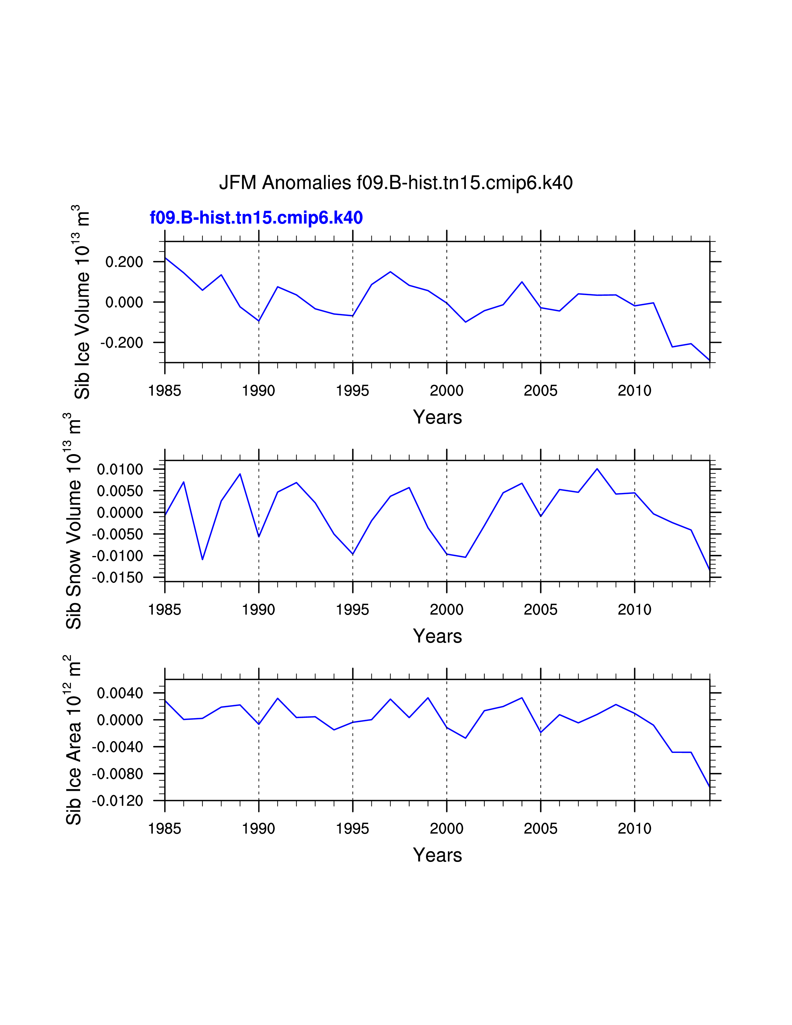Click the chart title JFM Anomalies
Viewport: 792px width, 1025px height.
pos(395,183)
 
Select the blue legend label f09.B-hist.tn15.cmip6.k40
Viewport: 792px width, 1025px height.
pos(256,218)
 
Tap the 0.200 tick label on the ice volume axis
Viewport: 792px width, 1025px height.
pos(124,262)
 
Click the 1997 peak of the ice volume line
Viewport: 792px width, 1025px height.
pos(390,272)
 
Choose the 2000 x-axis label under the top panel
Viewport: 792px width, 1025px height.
pos(447,390)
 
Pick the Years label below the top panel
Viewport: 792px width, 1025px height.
pos(437,417)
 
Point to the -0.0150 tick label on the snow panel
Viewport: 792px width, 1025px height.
pos(117,578)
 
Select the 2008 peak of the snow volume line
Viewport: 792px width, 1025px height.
pos(597,469)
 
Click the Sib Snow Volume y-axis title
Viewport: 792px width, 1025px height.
pos(74,521)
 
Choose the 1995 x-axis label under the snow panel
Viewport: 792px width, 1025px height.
pos(353,610)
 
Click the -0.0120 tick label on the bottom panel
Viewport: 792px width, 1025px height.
pos(117,801)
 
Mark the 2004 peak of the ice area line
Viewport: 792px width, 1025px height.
pos(522,698)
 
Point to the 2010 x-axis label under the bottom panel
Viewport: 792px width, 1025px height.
pos(634,829)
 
